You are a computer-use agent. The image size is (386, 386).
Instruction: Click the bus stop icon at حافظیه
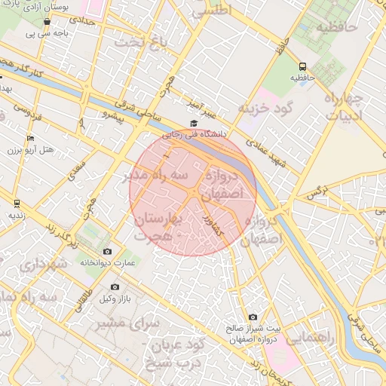click(x=302, y=66)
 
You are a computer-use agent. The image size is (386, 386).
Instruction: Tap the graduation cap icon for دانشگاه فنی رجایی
click(x=194, y=123)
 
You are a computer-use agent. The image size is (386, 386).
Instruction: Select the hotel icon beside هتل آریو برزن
click(x=30, y=139)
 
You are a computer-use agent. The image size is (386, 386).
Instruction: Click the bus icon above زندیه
click(x=17, y=203)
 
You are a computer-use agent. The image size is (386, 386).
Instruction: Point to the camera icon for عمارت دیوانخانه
click(x=107, y=251)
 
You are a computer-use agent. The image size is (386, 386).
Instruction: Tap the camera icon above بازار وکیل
click(x=115, y=286)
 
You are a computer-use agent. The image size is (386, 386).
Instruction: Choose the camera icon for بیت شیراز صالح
click(x=253, y=317)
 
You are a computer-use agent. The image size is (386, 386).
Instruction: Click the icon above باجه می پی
click(x=47, y=22)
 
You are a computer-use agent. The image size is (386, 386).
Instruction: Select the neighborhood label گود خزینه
click(x=264, y=109)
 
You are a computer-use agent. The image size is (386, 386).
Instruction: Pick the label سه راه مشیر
click(x=154, y=175)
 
